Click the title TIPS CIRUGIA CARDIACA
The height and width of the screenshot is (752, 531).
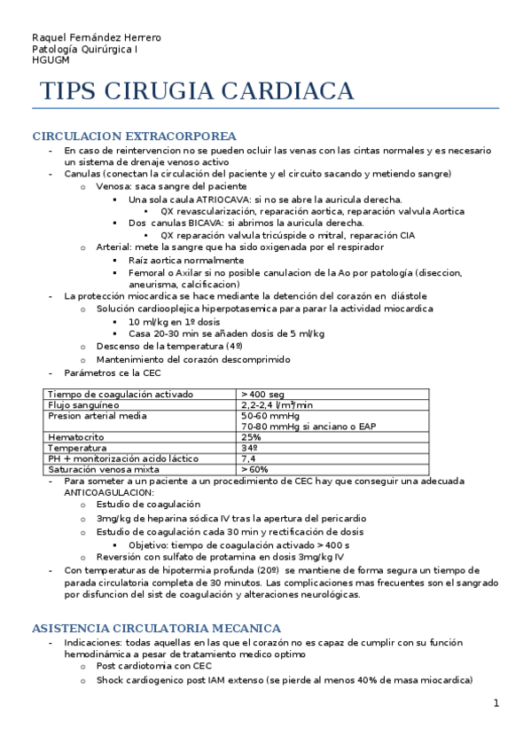click(x=197, y=91)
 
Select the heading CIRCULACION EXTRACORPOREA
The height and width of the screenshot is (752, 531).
click(x=134, y=137)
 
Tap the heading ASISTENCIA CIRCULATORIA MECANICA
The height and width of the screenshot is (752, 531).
click(x=156, y=628)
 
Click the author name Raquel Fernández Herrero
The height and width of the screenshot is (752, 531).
click(x=97, y=37)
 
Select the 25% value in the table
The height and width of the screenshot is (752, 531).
click(x=251, y=437)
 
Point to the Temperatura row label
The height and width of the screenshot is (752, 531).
click(x=78, y=448)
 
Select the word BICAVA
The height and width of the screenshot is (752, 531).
click(x=208, y=223)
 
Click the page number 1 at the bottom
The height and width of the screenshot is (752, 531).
click(x=496, y=703)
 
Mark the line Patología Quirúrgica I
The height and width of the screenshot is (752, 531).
click(x=84, y=50)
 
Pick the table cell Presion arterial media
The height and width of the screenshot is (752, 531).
click(x=97, y=415)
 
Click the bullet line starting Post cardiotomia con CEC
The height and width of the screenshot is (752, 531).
click(x=154, y=666)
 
